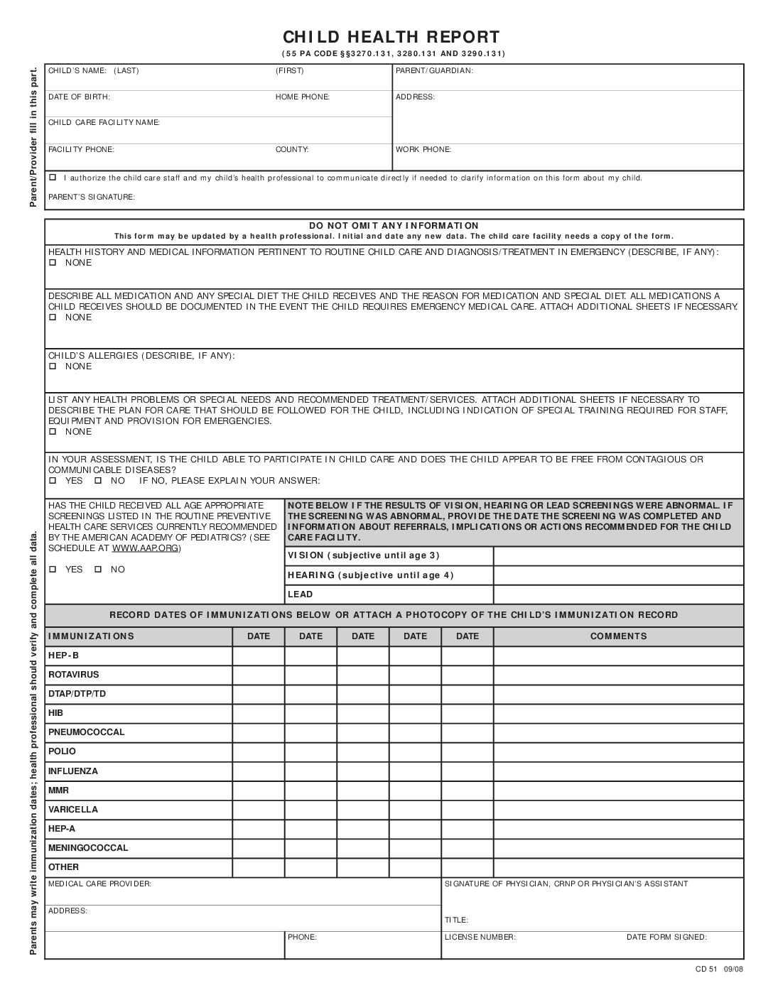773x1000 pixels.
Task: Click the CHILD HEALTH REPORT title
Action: [391, 37]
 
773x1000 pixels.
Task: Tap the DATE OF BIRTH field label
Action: [79, 97]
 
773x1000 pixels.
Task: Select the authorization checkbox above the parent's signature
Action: [53, 178]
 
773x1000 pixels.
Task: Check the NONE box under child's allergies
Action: [53, 366]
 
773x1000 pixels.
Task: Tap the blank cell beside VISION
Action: [618, 555]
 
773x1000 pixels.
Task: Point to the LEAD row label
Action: [300, 594]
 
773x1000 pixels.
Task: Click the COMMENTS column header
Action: [618, 636]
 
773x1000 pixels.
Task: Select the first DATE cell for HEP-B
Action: [259, 656]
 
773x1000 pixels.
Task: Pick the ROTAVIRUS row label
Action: [74, 675]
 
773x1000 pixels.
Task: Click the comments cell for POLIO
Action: [618, 751]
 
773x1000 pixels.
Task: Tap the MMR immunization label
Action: [58, 790]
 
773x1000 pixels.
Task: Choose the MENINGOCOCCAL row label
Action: [88, 847]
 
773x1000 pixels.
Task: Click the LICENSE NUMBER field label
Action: [480, 937]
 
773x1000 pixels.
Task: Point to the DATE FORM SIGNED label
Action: [666, 937]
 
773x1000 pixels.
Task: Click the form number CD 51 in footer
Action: [707, 971]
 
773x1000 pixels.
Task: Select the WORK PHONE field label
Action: [423, 150]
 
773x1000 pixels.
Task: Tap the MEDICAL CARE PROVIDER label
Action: [99, 884]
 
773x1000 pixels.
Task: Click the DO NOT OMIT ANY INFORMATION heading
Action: [394, 226]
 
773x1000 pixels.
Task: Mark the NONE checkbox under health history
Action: [53, 263]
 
